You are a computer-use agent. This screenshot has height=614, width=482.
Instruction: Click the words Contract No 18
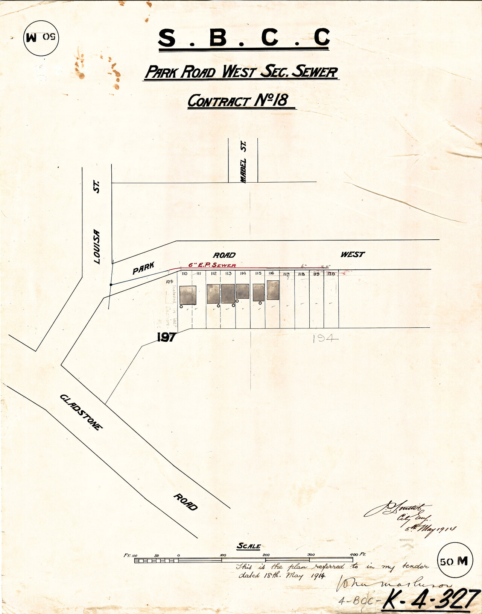(x=238, y=101)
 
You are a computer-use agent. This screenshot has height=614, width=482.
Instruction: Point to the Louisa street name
(x=97, y=247)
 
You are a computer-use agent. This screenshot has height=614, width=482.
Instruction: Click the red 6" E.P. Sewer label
(x=212, y=265)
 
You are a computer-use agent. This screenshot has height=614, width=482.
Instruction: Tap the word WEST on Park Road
(x=352, y=254)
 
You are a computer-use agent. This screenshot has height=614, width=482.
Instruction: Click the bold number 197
(x=166, y=337)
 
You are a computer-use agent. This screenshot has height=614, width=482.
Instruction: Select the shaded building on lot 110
(x=188, y=295)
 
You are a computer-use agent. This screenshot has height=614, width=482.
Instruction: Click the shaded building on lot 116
(x=273, y=290)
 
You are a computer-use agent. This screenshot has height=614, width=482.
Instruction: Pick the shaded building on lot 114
(x=243, y=291)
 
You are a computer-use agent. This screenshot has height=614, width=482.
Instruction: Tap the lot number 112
(x=214, y=274)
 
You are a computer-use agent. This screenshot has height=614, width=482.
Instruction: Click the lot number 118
(x=301, y=274)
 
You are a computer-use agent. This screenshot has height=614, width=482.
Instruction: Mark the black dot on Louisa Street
(x=111, y=285)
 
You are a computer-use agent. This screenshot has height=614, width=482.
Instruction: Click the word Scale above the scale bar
(x=248, y=546)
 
